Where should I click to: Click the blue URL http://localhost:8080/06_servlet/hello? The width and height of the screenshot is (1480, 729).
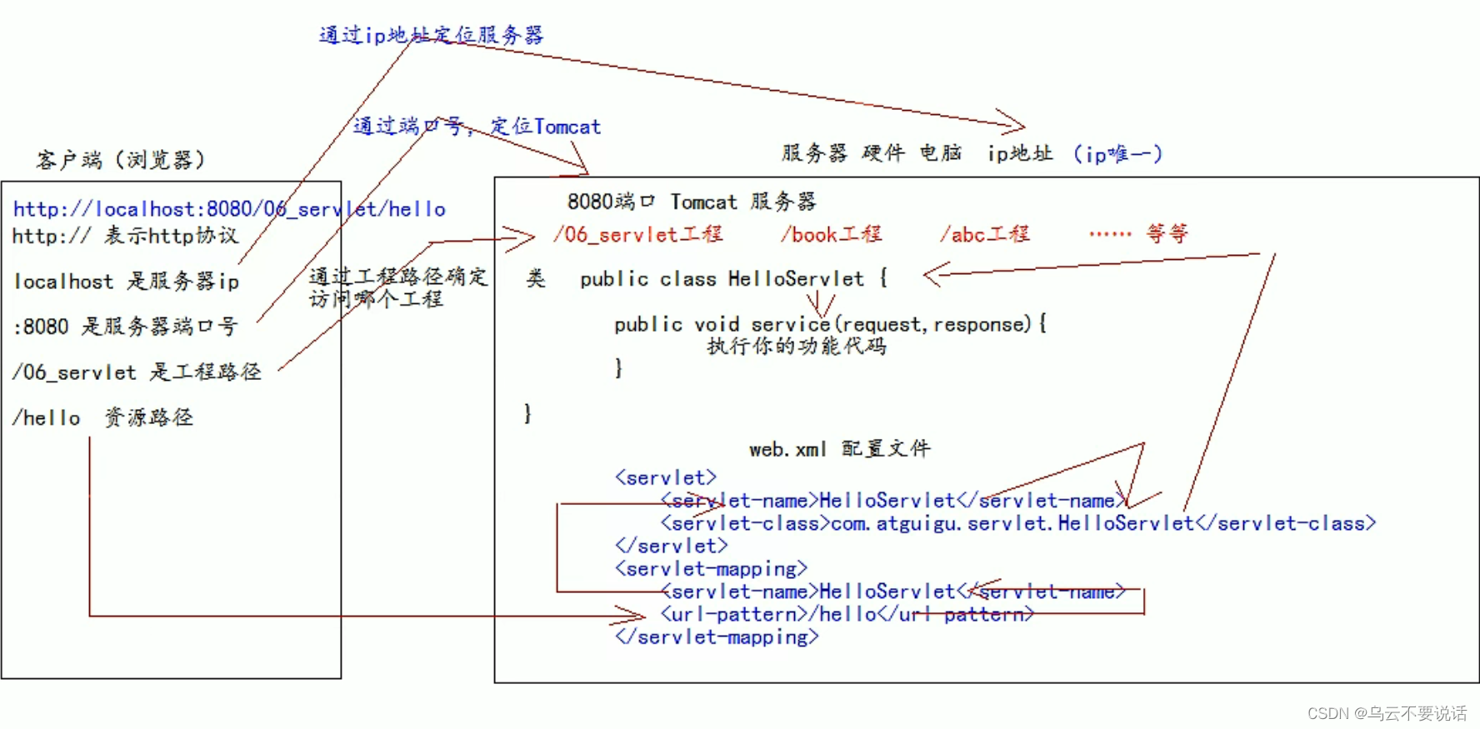pos(229,209)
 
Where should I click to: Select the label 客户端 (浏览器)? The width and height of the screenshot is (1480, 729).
pos(121,159)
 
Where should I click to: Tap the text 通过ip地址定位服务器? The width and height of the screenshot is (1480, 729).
pos(431,35)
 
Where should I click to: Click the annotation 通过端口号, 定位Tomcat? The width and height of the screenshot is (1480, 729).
pos(477,127)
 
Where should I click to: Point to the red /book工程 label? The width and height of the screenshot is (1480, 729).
pos(831,235)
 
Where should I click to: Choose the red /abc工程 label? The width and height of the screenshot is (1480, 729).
pos(985,235)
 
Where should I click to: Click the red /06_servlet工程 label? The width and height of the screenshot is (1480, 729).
pos(638,235)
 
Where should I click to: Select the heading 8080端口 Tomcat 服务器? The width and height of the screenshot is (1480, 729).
pos(692,202)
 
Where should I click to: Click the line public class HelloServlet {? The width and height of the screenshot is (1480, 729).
pos(733,279)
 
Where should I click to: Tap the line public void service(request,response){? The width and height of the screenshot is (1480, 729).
pos(830,324)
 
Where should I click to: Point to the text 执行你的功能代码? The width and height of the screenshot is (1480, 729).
pos(797,346)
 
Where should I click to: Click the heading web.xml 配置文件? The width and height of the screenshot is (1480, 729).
pos(839,449)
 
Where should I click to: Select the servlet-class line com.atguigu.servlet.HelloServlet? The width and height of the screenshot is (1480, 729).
pos(1017,523)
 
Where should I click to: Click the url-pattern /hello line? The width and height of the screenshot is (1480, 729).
pos(847,614)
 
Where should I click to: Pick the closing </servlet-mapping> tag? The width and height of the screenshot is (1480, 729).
pos(717,637)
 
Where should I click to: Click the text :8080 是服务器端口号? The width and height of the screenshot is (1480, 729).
pos(125,326)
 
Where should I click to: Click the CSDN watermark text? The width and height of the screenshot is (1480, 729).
pos(1387,713)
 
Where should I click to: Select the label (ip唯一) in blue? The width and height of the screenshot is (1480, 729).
pos(1117,154)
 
